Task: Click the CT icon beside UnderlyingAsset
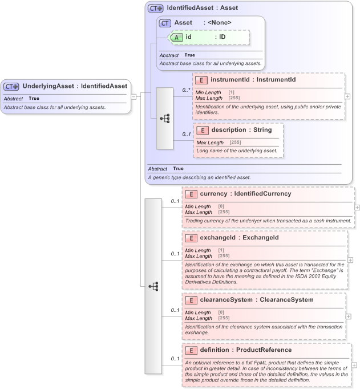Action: tap(11, 86)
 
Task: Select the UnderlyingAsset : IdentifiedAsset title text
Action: tap(74, 86)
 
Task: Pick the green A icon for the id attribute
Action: tap(177, 37)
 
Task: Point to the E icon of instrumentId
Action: tap(201, 80)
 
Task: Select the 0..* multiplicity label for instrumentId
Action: tap(185, 90)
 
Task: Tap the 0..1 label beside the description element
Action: tap(186, 135)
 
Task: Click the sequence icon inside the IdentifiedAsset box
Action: tap(165, 118)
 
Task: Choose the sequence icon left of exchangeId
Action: tap(153, 286)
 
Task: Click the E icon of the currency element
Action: tap(191, 194)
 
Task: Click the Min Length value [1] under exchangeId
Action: tap(221, 250)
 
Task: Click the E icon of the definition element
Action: tap(191, 350)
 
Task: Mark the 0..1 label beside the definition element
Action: tap(176, 359)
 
